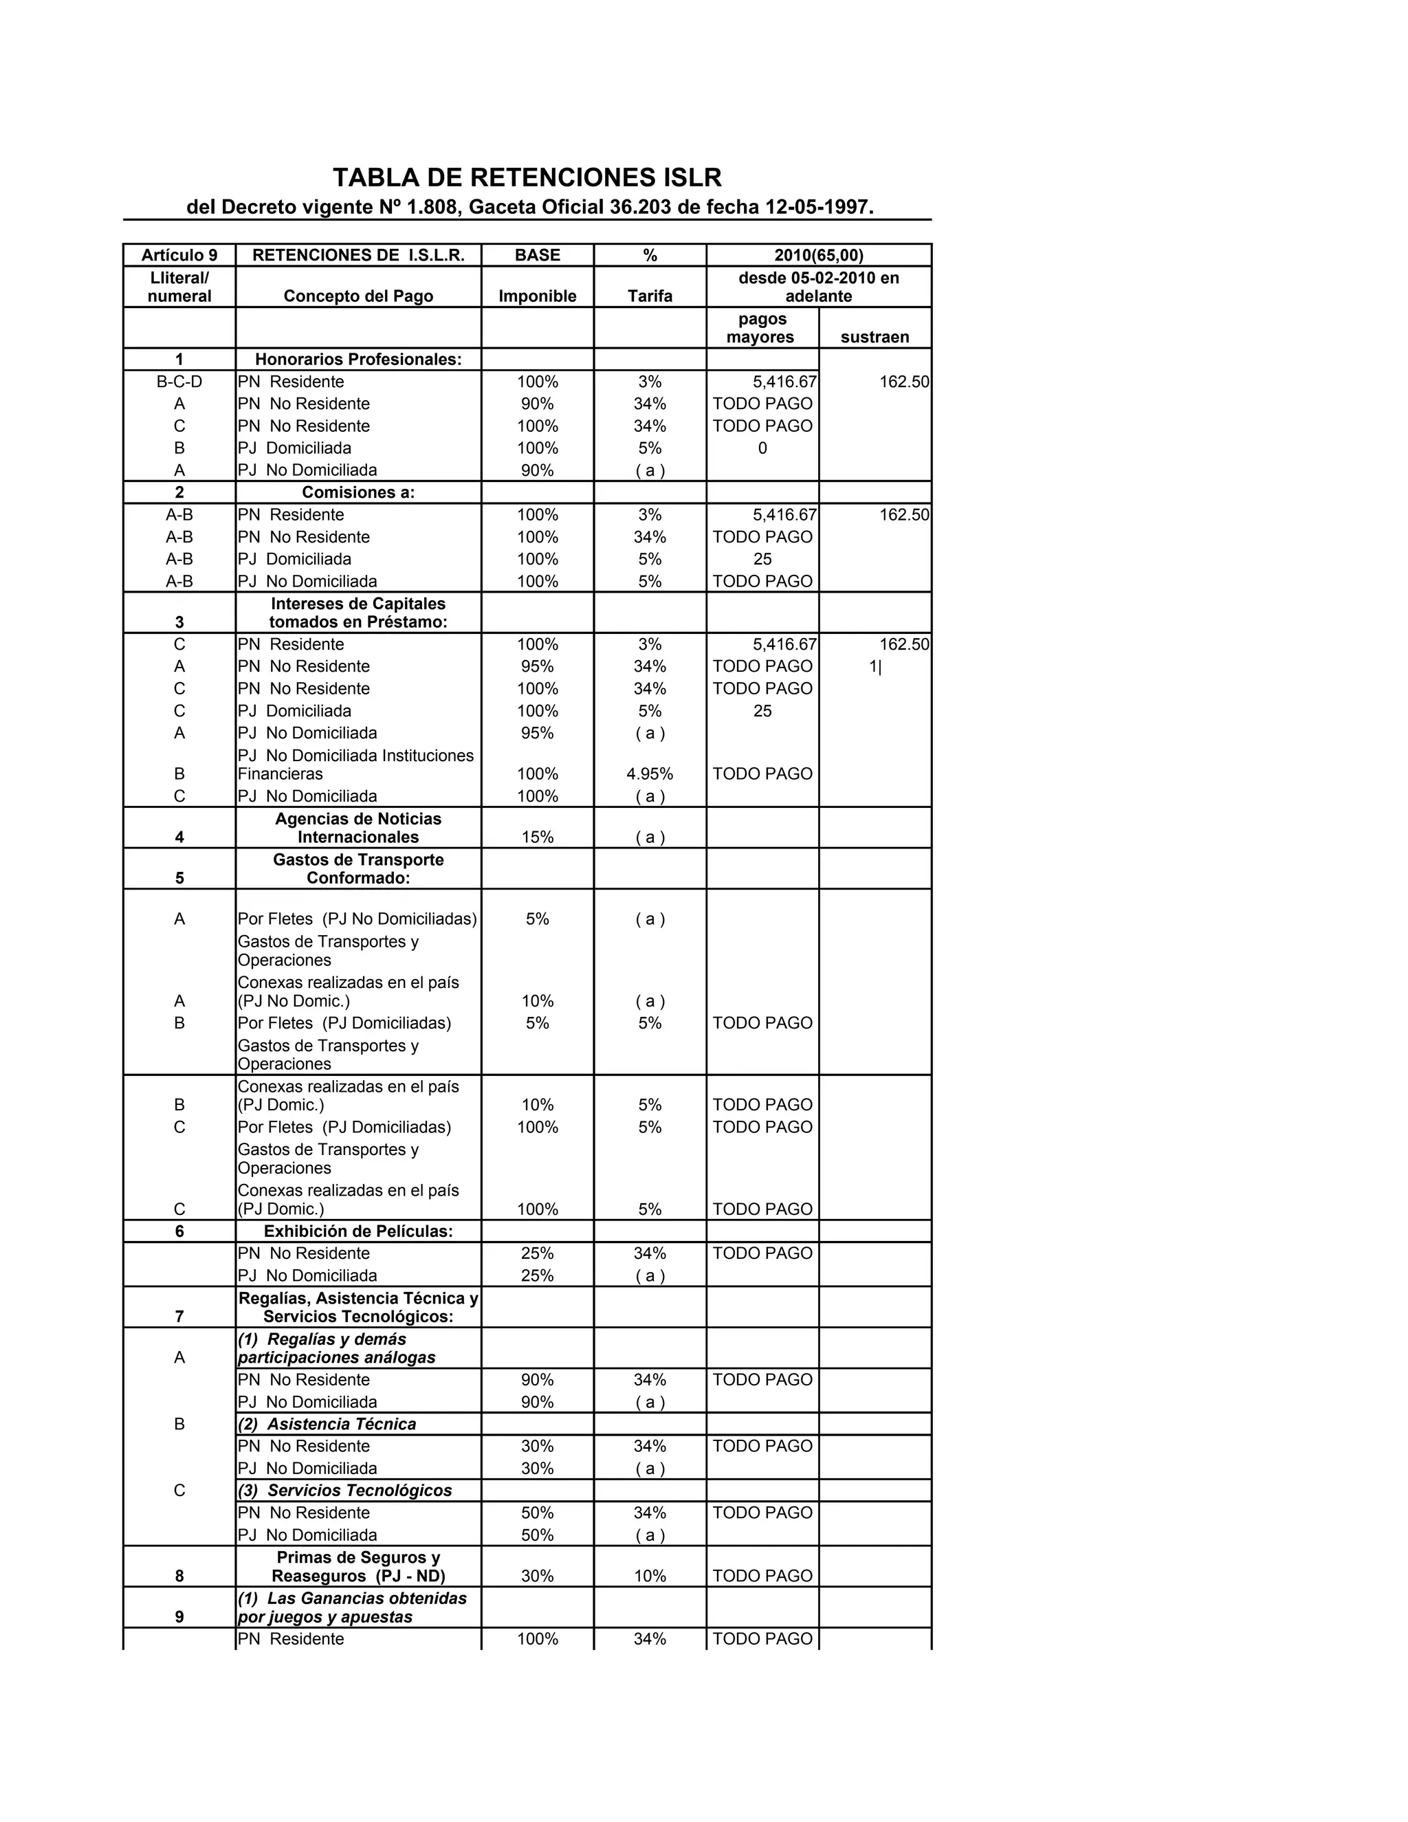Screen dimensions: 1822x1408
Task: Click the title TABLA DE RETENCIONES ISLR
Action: (x=527, y=177)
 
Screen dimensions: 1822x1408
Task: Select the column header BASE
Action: (x=537, y=255)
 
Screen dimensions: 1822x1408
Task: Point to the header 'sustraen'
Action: (x=874, y=337)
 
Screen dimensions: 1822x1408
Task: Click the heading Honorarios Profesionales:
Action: (x=357, y=360)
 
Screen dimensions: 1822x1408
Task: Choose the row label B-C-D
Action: (x=179, y=382)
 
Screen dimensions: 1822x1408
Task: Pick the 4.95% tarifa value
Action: (x=650, y=774)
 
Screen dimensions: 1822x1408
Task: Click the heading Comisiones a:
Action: (x=357, y=492)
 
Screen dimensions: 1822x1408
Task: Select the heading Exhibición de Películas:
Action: (x=357, y=1231)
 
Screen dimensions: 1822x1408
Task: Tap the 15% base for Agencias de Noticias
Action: (x=537, y=837)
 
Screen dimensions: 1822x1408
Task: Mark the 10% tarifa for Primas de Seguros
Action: (x=650, y=1576)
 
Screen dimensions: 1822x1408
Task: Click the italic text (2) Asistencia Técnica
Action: (x=327, y=1424)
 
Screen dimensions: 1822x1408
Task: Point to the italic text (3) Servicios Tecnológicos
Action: (x=344, y=1490)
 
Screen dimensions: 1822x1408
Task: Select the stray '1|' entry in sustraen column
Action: (x=874, y=666)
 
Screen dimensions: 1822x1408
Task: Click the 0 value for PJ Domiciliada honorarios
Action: (x=762, y=449)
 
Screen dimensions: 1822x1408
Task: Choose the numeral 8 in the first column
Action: (x=179, y=1576)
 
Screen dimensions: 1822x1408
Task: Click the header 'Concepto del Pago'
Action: (x=357, y=296)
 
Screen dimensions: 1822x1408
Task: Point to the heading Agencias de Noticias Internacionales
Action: (x=357, y=828)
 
